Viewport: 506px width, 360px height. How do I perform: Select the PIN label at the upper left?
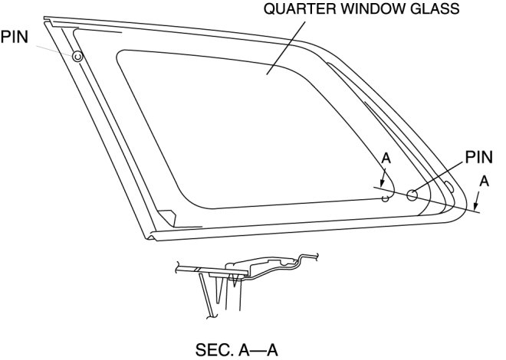15,37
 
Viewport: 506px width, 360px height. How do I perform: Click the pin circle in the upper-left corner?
77,56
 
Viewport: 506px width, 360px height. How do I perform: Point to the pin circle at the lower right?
412,195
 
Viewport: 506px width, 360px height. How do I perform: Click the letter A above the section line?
386,159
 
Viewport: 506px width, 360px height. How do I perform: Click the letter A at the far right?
482,182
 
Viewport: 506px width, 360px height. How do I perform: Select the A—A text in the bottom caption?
257,349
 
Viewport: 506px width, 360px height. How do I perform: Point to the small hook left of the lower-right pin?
386,198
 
